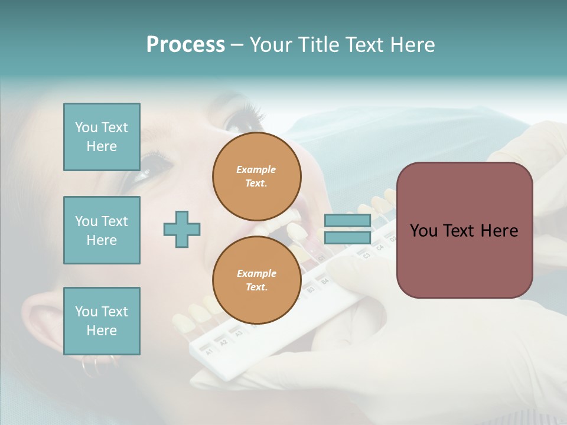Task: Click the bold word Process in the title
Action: click(185, 45)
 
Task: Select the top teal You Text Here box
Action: click(102, 137)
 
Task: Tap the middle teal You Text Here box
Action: click(102, 230)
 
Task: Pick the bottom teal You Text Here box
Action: click(102, 321)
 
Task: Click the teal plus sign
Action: click(182, 229)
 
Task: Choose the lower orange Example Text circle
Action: click(256, 280)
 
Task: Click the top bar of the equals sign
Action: click(347, 221)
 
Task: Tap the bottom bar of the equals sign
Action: click(347, 237)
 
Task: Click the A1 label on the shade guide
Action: click(208, 352)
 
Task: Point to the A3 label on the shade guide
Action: click(239, 334)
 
